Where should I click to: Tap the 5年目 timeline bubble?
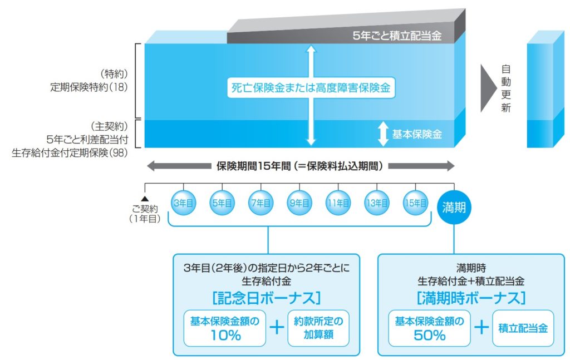222,203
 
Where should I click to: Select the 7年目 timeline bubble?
261,203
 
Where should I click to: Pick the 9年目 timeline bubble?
299,203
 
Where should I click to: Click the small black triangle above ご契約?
145,198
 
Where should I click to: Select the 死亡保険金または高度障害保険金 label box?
311,88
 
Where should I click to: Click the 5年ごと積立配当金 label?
397,37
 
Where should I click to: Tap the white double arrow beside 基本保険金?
382,134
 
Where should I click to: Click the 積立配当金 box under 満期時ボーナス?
523,328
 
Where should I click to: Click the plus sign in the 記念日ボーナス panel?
277,327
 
